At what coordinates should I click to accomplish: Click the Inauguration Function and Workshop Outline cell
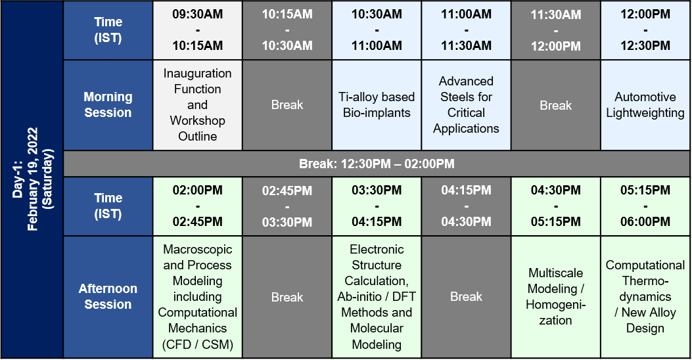(197, 105)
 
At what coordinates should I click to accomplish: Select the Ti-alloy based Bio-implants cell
(377, 105)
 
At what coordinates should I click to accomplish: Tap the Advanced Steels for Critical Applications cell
(466, 105)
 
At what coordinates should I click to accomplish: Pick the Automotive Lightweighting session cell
(645, 105)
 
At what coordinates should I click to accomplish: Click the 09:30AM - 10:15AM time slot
(197, 30)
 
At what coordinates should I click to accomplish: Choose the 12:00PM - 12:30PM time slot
(645, 30)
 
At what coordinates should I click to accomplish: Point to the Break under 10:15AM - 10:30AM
(287, 105)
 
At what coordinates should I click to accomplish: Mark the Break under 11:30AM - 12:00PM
(555, 105)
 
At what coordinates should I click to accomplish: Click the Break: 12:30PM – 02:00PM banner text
(377, 164)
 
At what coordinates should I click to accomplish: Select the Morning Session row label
(108, 105)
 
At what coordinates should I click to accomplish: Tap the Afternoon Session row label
(108, 296)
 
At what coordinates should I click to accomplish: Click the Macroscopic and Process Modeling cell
(197, 296)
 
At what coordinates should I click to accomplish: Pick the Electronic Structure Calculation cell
(377, 296)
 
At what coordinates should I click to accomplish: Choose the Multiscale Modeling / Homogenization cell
(555, 296)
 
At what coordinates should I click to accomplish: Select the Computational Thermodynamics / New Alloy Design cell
(645, 296)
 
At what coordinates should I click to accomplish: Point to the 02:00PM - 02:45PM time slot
(197, 206)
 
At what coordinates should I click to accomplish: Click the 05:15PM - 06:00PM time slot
(645, 206)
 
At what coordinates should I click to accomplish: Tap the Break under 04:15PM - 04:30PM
(466, 296)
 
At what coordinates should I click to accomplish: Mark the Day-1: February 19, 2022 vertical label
(32, 179)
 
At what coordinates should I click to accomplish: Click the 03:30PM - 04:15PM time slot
(377, 206)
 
